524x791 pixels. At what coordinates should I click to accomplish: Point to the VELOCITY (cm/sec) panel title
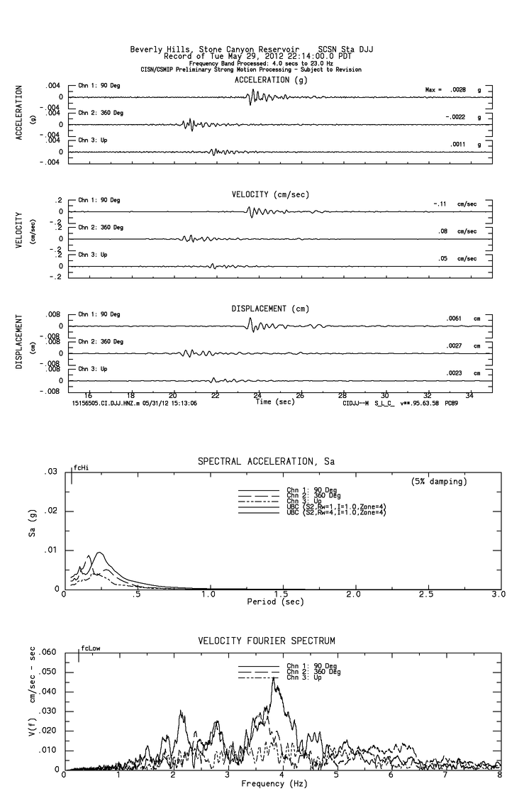point(270,194)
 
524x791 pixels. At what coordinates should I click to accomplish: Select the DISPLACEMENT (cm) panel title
point(269,309)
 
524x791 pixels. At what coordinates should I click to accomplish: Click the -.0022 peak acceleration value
point(455,117)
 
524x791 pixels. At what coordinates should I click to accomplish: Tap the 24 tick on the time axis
point(258,395)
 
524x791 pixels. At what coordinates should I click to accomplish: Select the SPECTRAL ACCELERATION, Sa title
point(266,462)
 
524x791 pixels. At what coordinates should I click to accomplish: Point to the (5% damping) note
point(439,482)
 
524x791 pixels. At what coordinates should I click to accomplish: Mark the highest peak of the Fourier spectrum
point(274,678)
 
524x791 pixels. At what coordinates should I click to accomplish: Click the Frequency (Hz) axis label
point(274,784)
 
